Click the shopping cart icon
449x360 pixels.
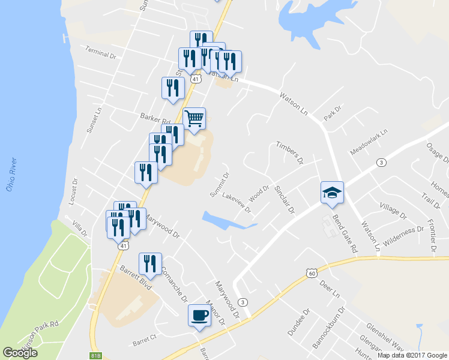click(194, 119)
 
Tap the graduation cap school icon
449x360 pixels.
click(332, 193)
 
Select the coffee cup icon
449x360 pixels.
click(199, 314)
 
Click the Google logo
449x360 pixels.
click(20, 353)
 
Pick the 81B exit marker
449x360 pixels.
click(95, 356)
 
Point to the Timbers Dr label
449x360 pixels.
click(290, 153)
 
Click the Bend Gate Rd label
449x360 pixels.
click(345, 233)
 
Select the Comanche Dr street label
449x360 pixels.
click(174, 284)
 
